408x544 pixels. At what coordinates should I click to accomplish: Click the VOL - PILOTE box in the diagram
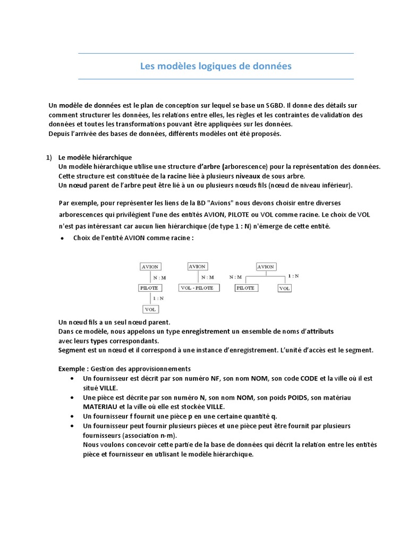point(197,288)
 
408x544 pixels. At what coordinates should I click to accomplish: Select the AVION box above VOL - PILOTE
point(197,267)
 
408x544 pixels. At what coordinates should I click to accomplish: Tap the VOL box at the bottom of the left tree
point(150,309)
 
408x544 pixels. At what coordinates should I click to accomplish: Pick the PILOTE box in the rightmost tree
point(245,288)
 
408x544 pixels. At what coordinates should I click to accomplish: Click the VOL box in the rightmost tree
point(284,288)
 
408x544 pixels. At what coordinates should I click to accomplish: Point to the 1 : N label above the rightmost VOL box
point(293,276)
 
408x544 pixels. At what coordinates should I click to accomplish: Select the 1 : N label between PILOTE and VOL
point(158,299)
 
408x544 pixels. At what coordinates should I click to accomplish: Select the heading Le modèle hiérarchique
point(95,157)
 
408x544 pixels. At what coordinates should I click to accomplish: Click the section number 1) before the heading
point(49,157)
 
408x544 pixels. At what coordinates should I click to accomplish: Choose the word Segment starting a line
point(72,350)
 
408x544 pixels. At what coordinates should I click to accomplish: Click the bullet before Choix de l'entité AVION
point(63,238)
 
